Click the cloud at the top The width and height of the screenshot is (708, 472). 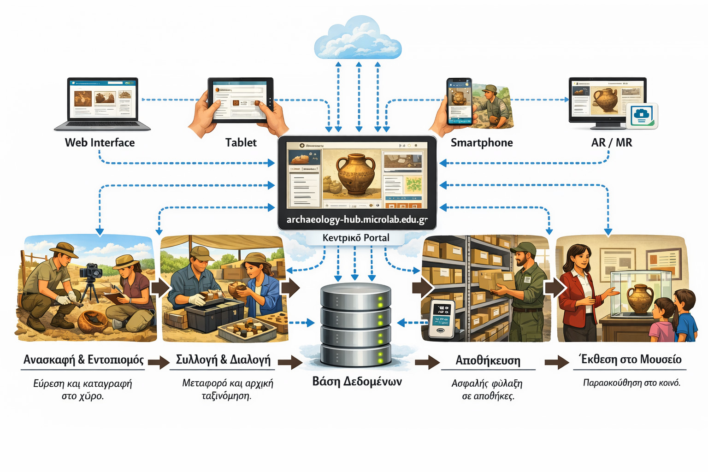[x=358, y=39]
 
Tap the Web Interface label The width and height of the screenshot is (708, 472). [x=100, y=142]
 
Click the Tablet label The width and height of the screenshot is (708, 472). [x=241, y=142]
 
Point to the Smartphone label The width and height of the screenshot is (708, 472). [x=482, y=142]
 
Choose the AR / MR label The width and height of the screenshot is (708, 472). [x=612, y=142]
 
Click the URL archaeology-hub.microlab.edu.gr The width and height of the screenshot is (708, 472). [x=357, y=219]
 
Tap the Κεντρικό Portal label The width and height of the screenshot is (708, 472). [x=356, y=238]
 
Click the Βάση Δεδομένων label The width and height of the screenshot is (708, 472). [x=357, y=381]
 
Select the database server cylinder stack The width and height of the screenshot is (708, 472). [x=356, y=325]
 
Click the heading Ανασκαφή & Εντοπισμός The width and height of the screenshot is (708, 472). [x=83, y=360]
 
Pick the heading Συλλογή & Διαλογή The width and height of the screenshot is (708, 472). [x=223, y=360]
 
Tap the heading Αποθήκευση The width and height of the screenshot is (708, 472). [x=488, y=360]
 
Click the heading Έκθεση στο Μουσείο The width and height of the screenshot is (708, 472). [x=630, y=359]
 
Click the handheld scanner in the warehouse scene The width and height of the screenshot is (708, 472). [x=441, y=319]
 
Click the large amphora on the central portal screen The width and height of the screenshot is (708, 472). [x=353, y=174]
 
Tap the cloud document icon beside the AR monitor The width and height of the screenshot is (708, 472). [x=642, y=115]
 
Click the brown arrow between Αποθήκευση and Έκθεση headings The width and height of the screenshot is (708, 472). [x=556, y=362]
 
